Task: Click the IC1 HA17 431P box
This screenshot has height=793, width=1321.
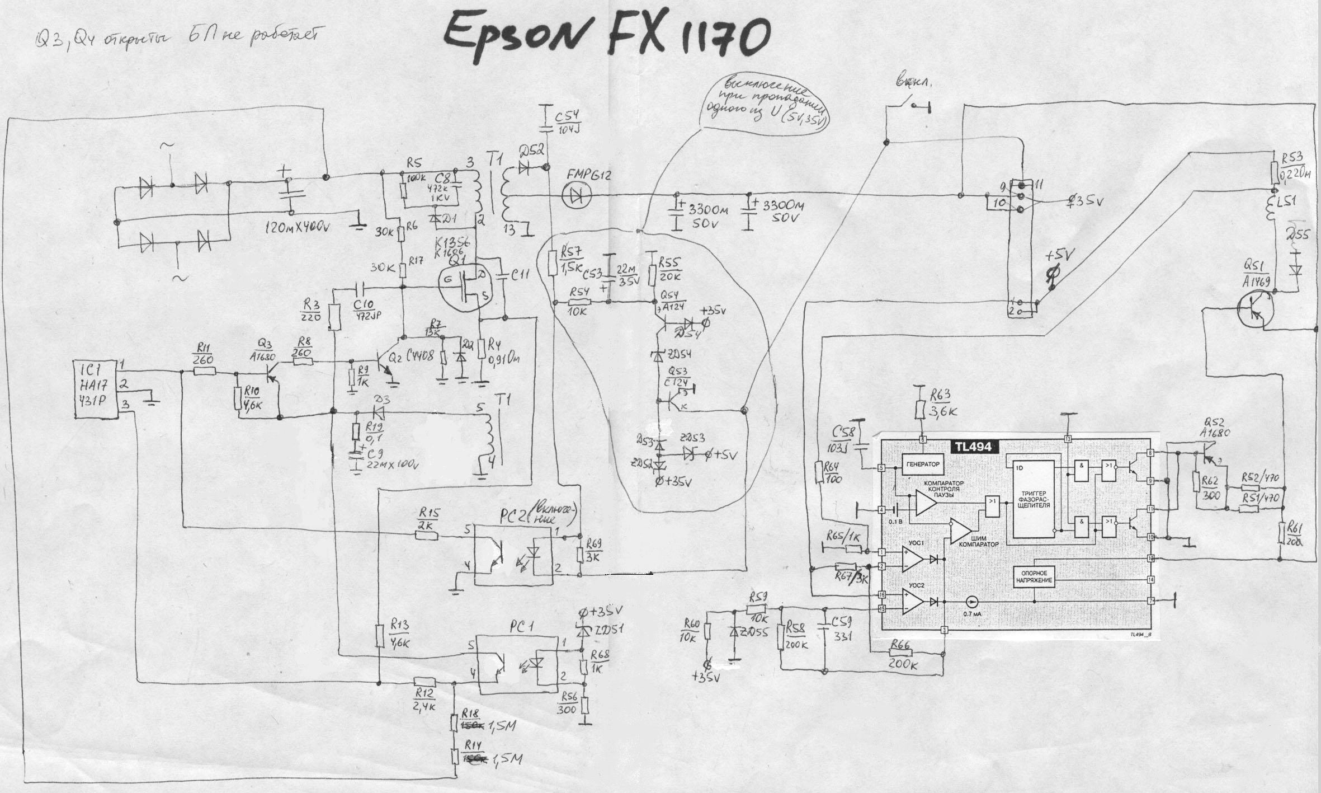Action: [x=96, y=389]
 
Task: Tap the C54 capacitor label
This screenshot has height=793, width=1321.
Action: [x=569, y=123]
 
